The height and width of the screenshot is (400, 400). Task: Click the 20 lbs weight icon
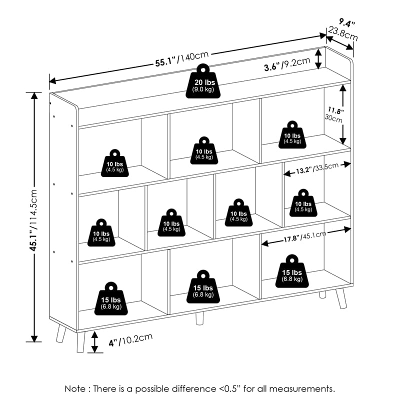203,81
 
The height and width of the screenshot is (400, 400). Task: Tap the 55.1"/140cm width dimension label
182,59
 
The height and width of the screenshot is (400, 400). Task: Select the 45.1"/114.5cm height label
33,220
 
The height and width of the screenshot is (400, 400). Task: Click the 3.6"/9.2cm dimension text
287,64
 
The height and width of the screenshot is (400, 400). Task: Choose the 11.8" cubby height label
336,110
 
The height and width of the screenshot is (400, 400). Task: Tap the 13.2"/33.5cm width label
317,168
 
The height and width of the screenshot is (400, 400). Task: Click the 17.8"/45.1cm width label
305,236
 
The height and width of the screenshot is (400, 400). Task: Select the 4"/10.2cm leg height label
130,340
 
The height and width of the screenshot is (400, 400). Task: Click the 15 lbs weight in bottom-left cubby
111,298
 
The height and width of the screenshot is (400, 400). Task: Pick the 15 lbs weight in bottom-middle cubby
203,286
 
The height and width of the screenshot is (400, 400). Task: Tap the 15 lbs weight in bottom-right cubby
292,271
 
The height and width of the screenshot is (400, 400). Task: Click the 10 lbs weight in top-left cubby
115,163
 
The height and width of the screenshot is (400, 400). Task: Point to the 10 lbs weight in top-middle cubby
204,150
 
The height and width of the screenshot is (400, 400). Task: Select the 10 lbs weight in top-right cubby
292,134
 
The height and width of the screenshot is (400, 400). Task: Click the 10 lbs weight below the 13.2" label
303,203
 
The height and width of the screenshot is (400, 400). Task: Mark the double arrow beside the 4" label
94,342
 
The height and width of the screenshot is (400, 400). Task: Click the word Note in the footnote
75,389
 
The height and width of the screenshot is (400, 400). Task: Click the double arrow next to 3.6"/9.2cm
318,59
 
